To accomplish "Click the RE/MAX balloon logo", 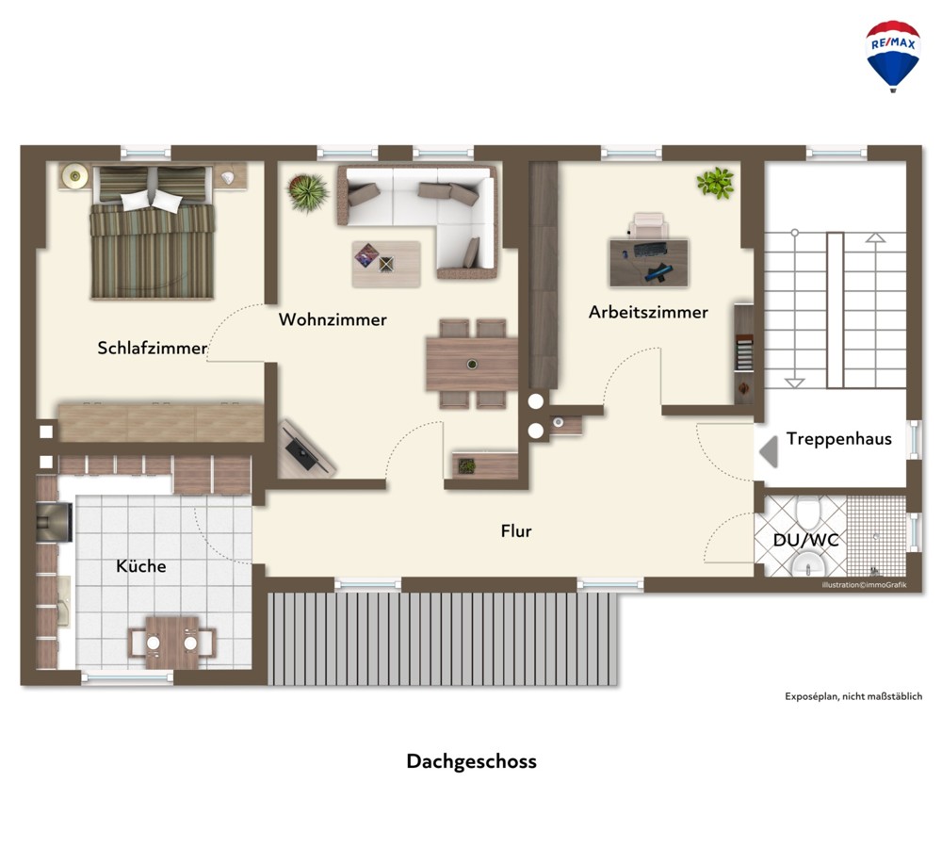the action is [x=893, y=56].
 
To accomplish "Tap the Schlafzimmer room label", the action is [x=152, y=348].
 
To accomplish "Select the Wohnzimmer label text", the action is [x=333, y=319].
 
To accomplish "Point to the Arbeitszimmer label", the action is [x=648, y=312].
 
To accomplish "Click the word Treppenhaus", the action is [x=838, y=439].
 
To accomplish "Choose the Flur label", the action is [x=516, y=530].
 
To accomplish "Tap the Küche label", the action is [x=141, y=566].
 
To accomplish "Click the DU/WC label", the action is [x=805, y=540].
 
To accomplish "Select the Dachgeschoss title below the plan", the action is [x=472, y=761].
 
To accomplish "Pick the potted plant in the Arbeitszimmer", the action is [x=716, y=182].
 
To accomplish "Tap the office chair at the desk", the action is [x=648, y=226].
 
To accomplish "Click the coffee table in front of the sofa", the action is [x=386, y=264].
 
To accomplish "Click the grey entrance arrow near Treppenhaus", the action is [x=769, y=451].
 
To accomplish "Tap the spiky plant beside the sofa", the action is [x=308, y=192].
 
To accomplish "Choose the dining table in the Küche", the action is [x=172, y=643].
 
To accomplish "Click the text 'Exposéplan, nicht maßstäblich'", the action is [x=853, y=696].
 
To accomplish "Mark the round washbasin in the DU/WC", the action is [x=808, y=564].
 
